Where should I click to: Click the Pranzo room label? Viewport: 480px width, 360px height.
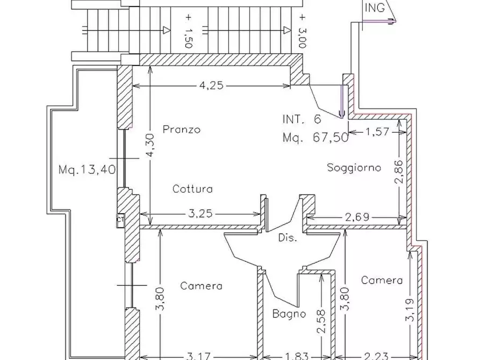tap(182, 129)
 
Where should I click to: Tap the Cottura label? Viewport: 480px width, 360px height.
tap(192, 189)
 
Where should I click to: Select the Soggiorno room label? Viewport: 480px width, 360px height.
tap(354, 168)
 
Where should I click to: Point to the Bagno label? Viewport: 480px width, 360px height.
tap(289, 313)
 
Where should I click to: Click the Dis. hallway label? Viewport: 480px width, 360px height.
tap(288, 237)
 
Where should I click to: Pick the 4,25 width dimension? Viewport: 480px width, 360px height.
tap(212, 85)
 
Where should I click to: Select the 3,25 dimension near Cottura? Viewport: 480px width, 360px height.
tap(200, 213)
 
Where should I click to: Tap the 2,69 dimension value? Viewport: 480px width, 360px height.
tap(357, 217)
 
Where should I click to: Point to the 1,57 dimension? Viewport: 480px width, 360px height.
tap(377, 132)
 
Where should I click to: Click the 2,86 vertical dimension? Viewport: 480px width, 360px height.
tap(399, 171)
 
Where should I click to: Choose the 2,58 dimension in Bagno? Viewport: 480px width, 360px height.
tap(321, 321)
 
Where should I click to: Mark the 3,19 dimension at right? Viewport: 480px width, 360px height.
tap(410, 310)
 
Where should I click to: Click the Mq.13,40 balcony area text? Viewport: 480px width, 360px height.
tap(87, 169)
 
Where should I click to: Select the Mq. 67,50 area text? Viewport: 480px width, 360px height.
tap(316, 137)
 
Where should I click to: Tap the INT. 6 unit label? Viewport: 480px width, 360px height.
tap(302, 119)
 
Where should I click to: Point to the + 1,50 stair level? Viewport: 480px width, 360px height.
tap(188, 31)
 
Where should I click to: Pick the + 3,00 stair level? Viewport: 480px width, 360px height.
tap(302, 31)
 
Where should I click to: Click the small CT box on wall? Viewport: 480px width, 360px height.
tap(120, 220)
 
